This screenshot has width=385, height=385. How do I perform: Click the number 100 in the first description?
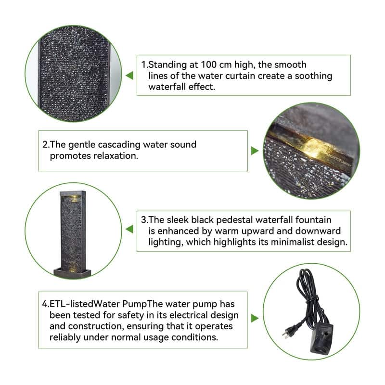(208, 65)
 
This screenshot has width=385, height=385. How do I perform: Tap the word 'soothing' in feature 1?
(313, 76)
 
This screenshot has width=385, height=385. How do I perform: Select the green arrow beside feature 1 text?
(129, 76)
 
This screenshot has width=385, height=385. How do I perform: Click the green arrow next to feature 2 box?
(255, 151)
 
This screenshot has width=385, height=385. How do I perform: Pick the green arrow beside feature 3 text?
(129, 229)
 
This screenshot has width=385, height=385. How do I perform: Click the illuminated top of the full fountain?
(73, 196)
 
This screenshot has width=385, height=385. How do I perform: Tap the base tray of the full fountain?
(72, 272)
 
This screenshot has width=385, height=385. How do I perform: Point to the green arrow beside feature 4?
(255, 318)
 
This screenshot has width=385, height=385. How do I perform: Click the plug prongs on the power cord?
(286, 334)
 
